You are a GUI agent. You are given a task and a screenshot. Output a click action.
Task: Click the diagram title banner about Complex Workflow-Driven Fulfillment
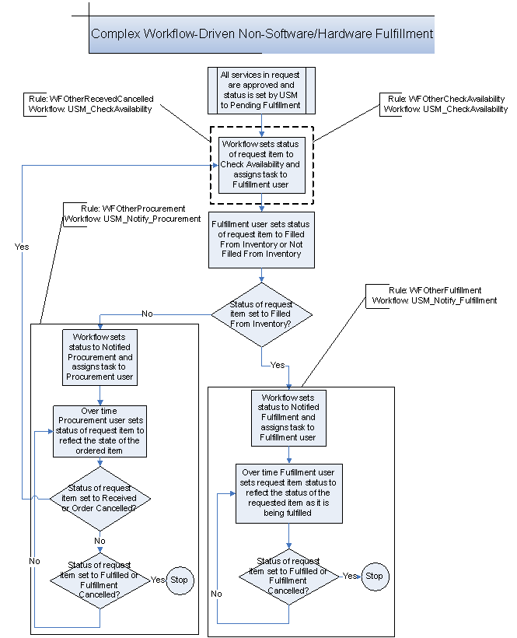262,34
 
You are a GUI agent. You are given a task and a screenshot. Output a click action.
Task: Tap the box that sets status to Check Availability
261,165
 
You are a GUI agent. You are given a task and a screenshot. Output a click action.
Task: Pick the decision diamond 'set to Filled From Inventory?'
262,315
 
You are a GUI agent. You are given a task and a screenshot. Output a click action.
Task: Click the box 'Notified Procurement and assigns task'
99,356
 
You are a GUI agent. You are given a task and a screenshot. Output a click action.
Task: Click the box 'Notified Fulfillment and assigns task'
289,418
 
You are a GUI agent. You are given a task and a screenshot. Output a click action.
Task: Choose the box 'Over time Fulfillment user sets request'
289,493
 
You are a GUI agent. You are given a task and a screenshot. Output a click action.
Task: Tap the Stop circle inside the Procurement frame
180,580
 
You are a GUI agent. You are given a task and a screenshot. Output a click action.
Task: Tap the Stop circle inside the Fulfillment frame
374,577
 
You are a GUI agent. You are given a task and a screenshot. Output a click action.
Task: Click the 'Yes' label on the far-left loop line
22,246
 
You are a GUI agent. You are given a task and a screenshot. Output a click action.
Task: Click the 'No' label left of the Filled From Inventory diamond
147,314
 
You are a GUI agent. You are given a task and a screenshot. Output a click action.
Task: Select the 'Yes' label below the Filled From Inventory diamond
278,364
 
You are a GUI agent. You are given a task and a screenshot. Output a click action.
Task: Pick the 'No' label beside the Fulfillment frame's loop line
217,594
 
